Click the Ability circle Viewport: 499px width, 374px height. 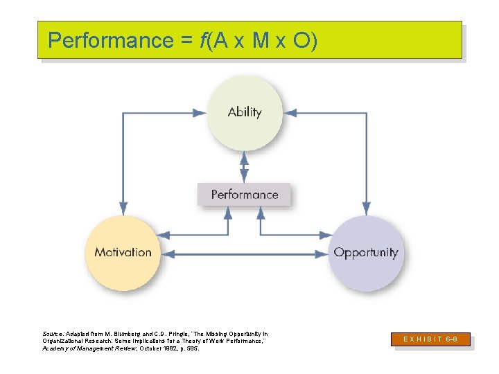tap(245, 112)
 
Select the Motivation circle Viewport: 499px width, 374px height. tap(123, 252)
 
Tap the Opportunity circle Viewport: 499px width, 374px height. tap(365, 253)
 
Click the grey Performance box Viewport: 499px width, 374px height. tap(244, 195)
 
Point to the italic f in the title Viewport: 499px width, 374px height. tap(203, 41)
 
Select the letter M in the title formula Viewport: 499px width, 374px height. tap(261, 41)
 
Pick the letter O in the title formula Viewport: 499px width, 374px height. tap(302, 41)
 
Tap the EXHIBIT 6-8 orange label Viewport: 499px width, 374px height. tap(432, 339)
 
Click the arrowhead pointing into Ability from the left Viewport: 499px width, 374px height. tap(200, 112)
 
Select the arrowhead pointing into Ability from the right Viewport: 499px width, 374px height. tap(290, 112)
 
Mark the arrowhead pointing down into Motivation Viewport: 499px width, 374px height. tap(123, 208)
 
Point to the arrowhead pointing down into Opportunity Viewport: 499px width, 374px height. tap(366, 208)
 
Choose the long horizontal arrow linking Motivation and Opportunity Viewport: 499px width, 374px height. tap(244, 254)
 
